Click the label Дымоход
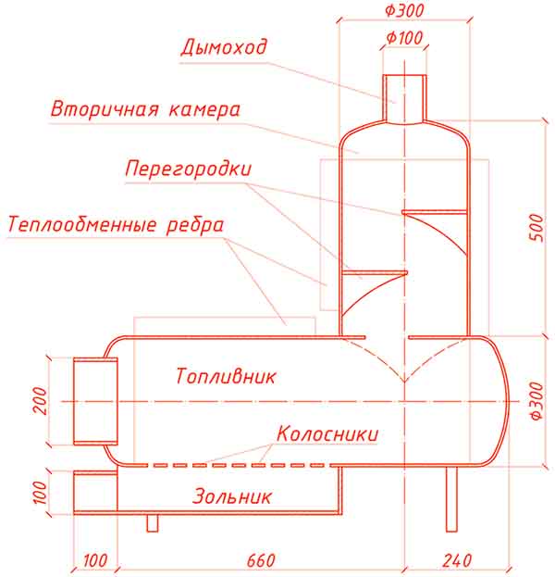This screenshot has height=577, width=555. tap(224, 47)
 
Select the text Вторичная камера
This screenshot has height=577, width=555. tap(145, 109)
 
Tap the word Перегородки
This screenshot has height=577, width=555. tap(188, 169)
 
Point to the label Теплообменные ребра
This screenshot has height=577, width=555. tap(116, 225)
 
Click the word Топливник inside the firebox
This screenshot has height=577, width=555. tap(226, 376)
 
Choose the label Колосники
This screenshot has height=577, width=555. tap(327, 433)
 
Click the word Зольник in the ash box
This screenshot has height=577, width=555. tap(232, 496)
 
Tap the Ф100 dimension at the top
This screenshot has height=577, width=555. tap(404, 38)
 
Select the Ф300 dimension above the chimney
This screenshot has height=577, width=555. tap(404, 10)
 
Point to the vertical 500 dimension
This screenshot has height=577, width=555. tap(536, 228)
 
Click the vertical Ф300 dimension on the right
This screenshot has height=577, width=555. tap(537, 401)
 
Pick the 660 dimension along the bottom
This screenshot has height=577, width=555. tap(261, 561)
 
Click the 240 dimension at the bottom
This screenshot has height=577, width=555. tap(457, 561)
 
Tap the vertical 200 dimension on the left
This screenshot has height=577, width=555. tap(40, 401)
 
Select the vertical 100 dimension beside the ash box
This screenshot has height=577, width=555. tap(40, 492)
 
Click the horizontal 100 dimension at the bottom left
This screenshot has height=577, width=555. tap(95, 561)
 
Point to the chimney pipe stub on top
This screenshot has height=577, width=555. tap(404, 98)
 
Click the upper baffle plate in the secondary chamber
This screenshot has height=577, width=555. tap(435, 212)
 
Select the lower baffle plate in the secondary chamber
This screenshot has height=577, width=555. tap(375, 272)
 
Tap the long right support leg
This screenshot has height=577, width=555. tap(451, 499)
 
